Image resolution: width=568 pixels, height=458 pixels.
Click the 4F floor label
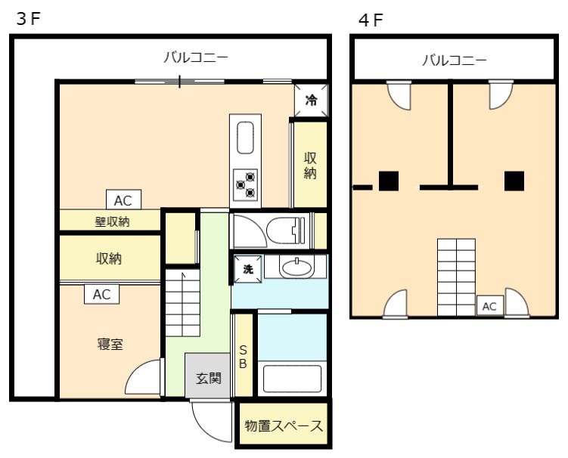(x=371, y=20)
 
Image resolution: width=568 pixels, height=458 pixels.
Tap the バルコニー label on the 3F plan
(x=196, y=57)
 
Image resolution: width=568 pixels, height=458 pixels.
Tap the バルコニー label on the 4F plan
(x=454, y=60)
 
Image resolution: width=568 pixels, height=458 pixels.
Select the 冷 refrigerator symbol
(x=311, y=99)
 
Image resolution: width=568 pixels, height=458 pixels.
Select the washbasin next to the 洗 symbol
(x=295, y=267)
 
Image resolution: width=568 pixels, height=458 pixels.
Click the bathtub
(x=293, y=378)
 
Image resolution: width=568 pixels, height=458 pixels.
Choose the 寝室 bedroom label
(x=110, y=345)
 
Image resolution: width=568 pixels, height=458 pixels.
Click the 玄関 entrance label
(x=208, y=377)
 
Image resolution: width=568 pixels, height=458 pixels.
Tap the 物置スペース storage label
(x=284, y=426)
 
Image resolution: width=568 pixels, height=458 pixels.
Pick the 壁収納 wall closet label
(x=111, y=221)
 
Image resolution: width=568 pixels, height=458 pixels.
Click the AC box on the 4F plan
(x=489, y=306)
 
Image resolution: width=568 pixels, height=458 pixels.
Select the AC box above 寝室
(x=101, y=294)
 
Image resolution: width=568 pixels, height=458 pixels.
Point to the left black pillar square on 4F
(x=389, y=181)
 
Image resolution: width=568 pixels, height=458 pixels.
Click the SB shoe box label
(x=243, y=357)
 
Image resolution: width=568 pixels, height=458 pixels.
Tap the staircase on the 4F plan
(x=456, y=277)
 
